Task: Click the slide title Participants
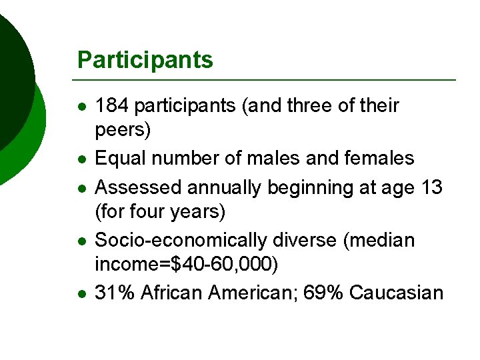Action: point(145,60)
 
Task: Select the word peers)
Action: point(123,131)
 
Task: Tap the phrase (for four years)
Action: point(161,213)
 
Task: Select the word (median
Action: point(378,240)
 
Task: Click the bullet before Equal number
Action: point(80,159)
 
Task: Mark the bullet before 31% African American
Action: point(80,293)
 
